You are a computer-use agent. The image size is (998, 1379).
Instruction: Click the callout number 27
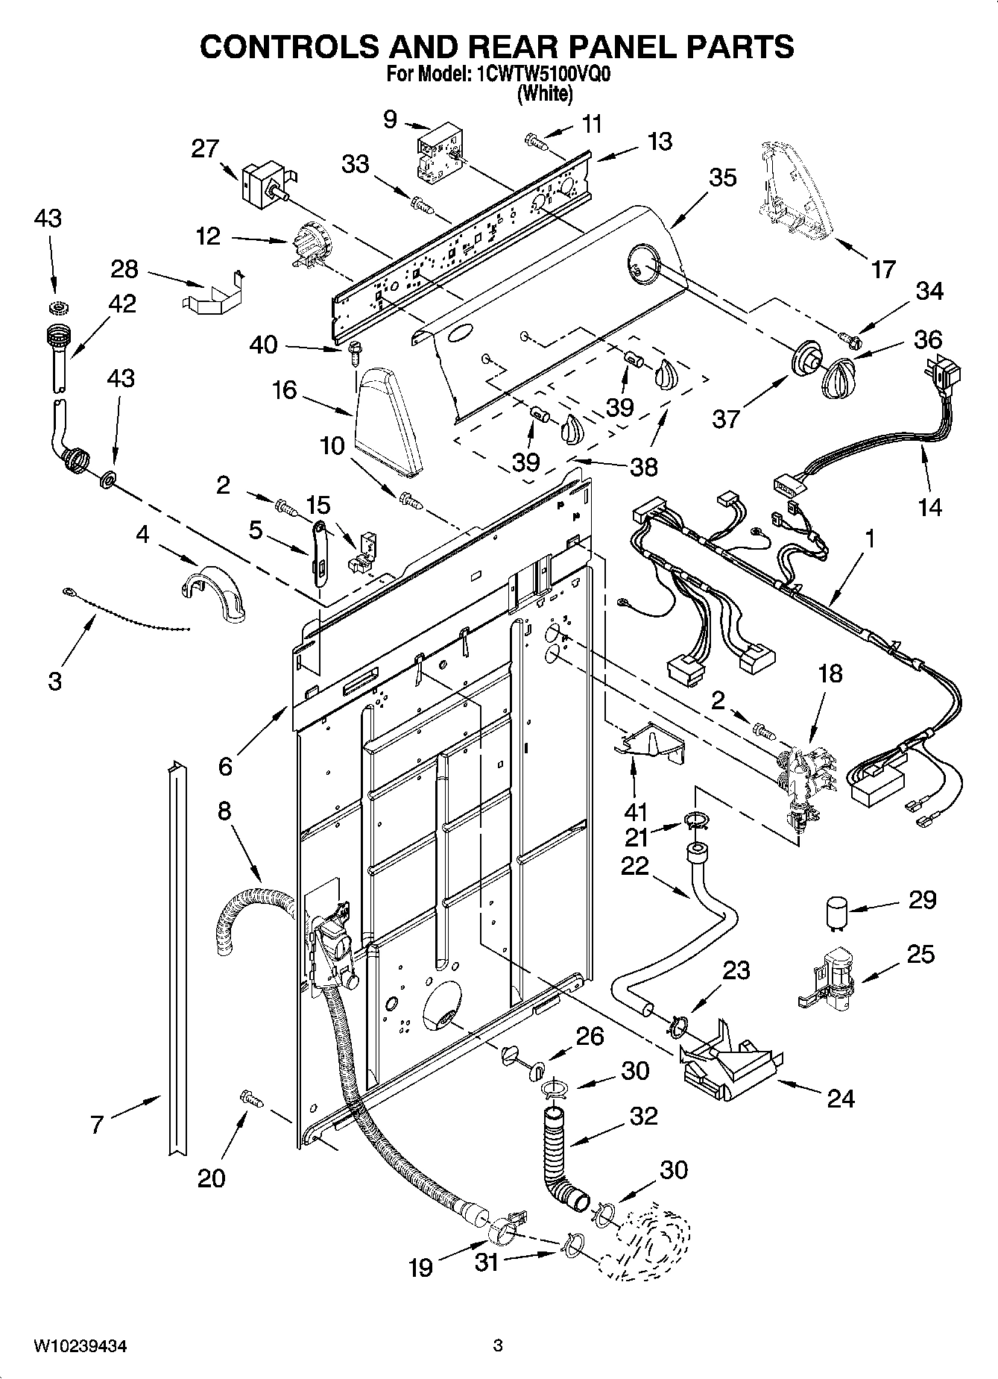[204, 149]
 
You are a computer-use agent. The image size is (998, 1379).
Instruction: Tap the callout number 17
[883, 268]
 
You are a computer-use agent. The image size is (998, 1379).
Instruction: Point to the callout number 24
[841, 1098]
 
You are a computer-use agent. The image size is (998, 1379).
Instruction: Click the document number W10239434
[80, 1346]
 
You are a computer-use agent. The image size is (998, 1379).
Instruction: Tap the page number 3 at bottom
[498, 1346]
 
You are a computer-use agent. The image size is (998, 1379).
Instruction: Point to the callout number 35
[722, 178]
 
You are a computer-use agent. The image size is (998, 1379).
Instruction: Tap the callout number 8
[224, 811]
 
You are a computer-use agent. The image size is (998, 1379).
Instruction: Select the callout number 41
[635, 811]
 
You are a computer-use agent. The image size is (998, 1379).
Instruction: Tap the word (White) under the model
[546, 94]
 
